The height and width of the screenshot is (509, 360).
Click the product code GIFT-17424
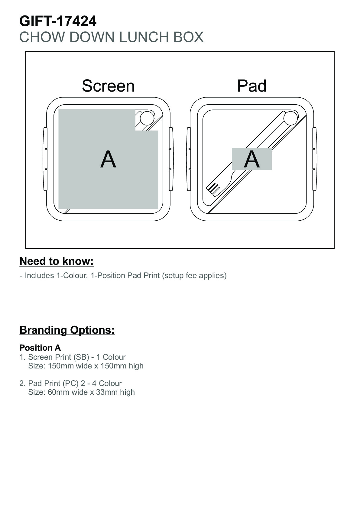pyautogui.click(x=58, y=21)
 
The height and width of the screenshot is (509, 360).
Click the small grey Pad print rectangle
pyautogui.click(x=251, y=159)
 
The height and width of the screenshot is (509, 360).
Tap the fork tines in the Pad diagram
pyautogui.click(x=213, y=189)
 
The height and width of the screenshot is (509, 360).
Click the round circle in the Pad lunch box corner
pyautogui.click(x=290, y=118)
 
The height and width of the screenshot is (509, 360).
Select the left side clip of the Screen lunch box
pyautogui.click(x=45, y=159)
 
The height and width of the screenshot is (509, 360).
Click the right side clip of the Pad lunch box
pyautogui.click(x=315, y=159)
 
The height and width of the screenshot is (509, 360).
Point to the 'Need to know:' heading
pyautogui.click(x=57, y=261)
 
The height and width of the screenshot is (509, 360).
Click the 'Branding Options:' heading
pyautogui.click(x=67, y=330)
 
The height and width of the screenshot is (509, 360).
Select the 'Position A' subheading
pyautogui.click(x=40, y=348)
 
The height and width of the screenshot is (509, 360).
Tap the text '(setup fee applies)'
pyautogui.click(x=194, y=275)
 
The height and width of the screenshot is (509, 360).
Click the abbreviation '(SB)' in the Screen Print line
pyautogui.click(x=81, y=357)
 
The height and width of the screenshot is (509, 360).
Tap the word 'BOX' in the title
pyautogui.click(x=188, y=37)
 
